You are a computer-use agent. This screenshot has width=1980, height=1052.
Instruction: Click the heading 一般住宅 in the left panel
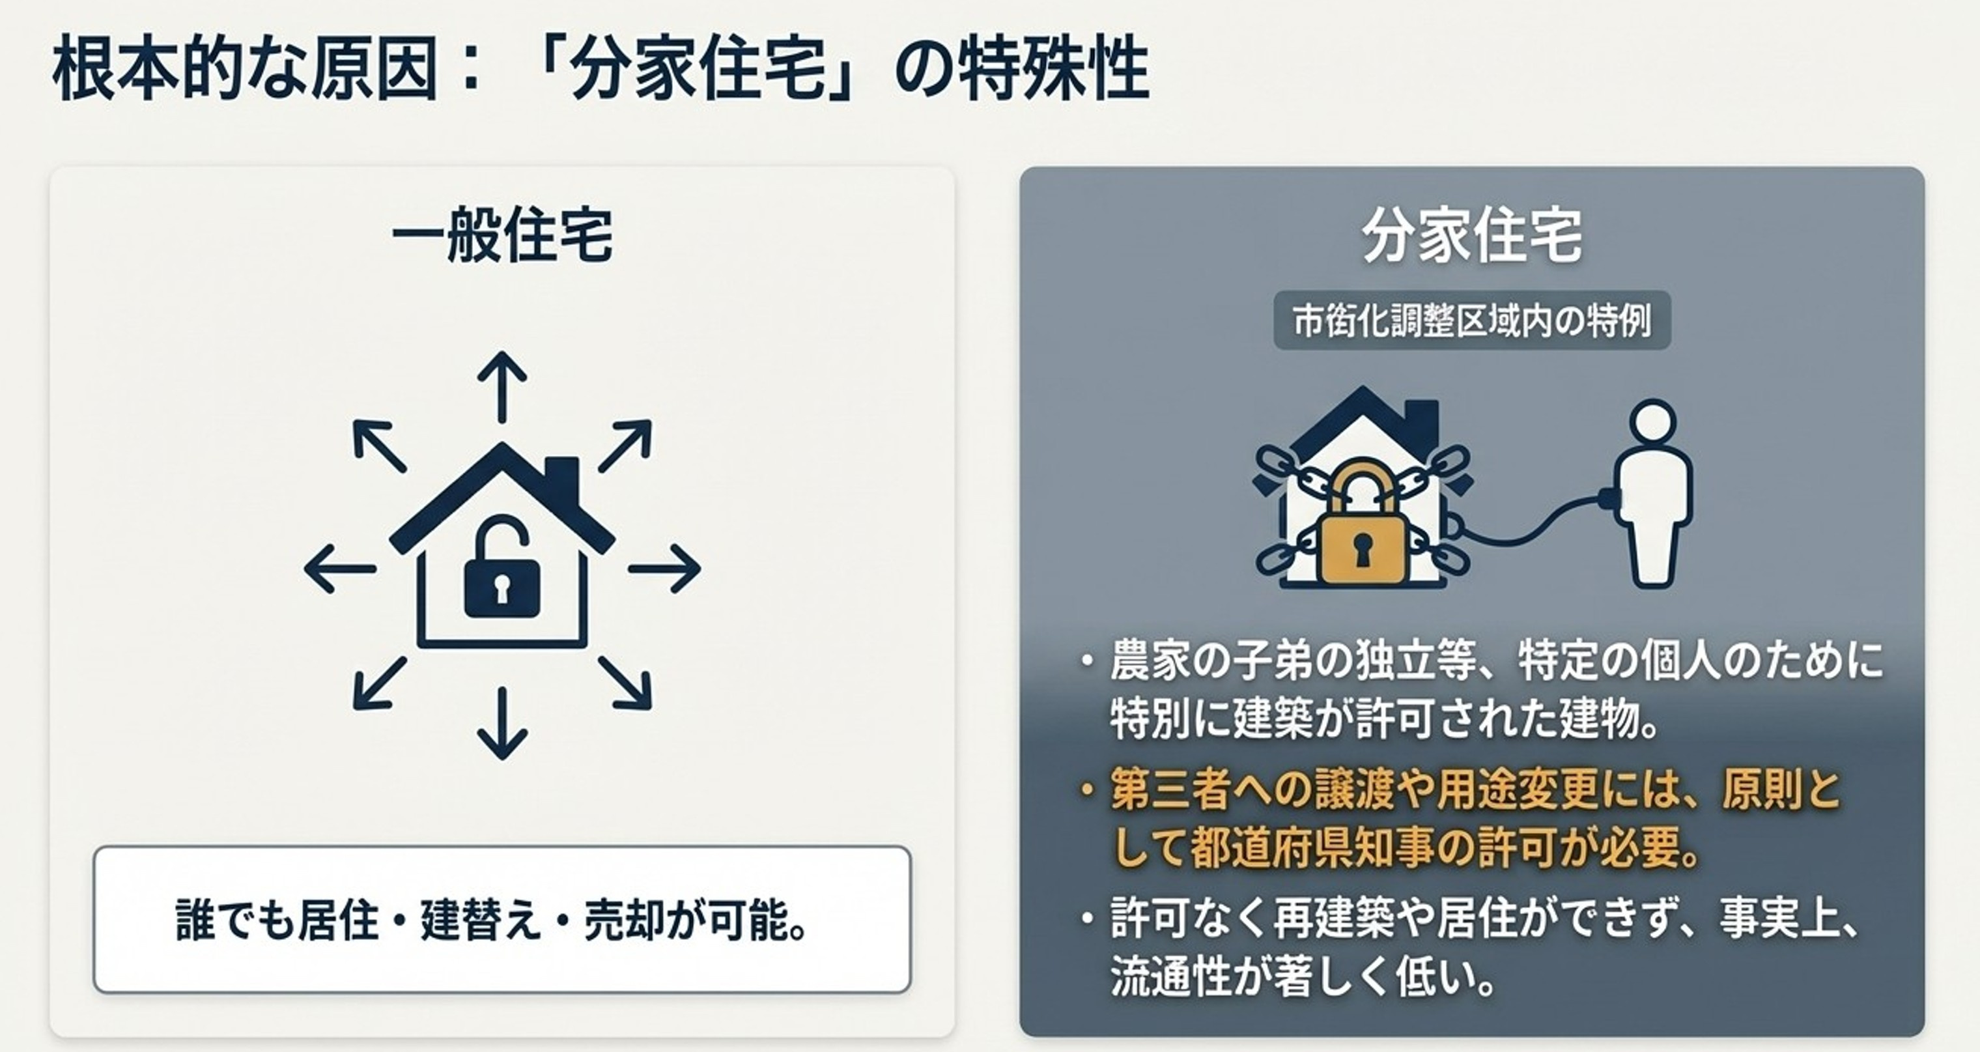pyautogui.click(x=503, y=235)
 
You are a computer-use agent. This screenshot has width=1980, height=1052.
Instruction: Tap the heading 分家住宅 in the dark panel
pyautogui.click(x=1472, y=235)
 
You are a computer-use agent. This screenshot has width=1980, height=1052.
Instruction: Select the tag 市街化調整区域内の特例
pyautogui.click(x=1472, y=320)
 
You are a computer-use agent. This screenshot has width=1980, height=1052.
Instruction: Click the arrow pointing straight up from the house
pyautogui.click(x=502, y=386)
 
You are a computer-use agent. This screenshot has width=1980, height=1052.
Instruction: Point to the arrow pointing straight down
pyautogui.click(x=502, y=723)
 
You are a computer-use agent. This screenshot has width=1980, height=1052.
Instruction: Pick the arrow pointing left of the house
pyautogui.click(x=340, y=569)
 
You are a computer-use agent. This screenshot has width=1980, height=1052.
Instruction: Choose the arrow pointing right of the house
pyautogui.click(x=665, y=569)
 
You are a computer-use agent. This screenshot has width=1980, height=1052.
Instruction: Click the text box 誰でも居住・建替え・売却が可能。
pyautogui.click(x=502, y=920)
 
